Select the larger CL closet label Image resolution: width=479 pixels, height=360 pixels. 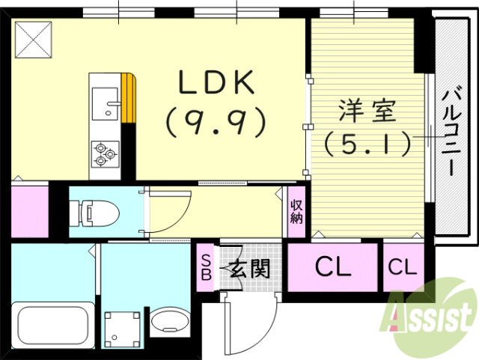point(332,267)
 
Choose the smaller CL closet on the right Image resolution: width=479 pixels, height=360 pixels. point(403,267)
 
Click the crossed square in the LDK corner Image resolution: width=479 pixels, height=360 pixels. point(33,38)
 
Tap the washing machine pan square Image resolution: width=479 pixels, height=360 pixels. point(122,326)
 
